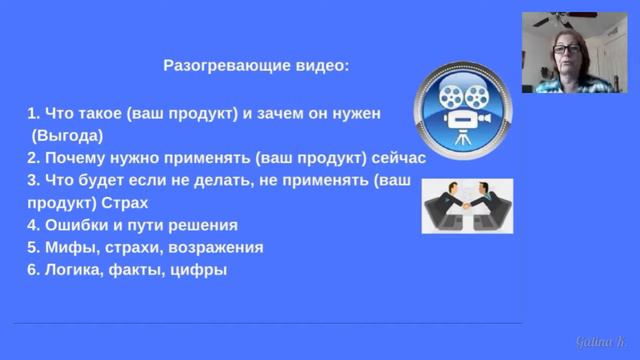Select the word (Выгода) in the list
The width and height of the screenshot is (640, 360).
click(69, 134)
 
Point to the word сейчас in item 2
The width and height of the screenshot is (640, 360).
click(399, 158)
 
